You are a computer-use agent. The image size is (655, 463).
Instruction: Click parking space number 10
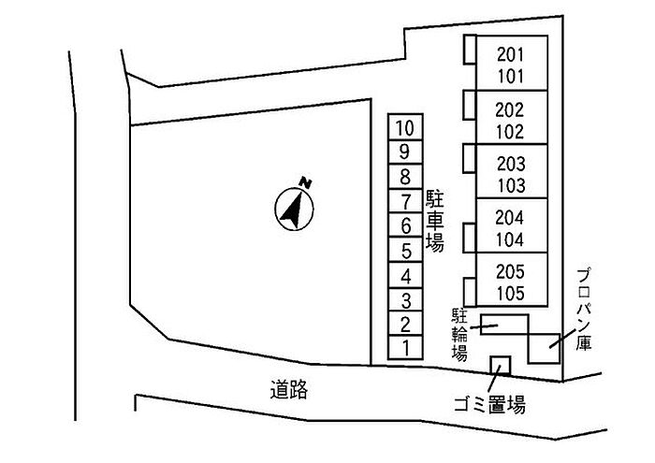click(x=405, y=127)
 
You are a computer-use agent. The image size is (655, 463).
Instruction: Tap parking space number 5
click(x=405, y=251)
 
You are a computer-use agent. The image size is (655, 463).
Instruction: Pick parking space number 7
click(x=405, y=201)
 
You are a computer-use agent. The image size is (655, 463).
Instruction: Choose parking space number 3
click(x=405, y=300)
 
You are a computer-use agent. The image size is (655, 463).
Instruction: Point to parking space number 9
click(x=405, y=152)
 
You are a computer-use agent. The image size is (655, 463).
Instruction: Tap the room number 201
click(x=510, y=54)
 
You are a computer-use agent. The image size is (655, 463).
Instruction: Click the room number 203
click(x=510, y=162)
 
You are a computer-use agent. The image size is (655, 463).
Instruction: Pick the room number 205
click(x=510, y=272)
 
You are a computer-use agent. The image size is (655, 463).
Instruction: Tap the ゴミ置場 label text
click(x=489, y=405)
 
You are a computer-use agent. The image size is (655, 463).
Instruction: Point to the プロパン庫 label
click(x=583, y=308)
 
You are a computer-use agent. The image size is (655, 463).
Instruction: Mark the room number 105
click(x=510, y=294)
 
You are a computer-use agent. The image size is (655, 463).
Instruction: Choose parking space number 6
click(x=405, y=225)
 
